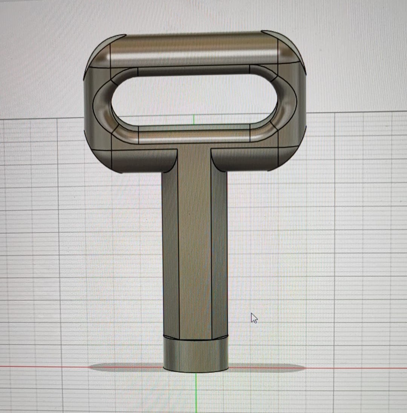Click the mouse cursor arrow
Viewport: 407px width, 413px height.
tap(254, 318)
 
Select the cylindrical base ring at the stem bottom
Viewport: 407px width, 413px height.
tap(196, 356)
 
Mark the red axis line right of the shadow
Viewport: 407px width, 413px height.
tap(358, 368)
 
